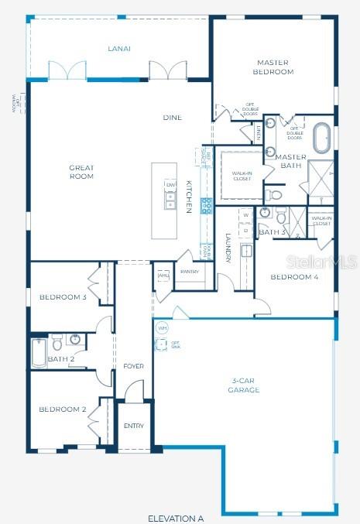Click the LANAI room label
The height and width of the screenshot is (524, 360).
118,49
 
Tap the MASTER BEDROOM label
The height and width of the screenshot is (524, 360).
273,67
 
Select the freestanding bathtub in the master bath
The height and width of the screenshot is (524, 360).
320,138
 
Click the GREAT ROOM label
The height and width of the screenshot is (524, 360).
81,172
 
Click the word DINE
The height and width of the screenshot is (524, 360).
172,118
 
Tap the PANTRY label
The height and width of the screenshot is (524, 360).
190,272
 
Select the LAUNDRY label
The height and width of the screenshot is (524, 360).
228,248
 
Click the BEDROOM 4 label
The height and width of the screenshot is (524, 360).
294,276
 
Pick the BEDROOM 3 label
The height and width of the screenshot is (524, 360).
63,297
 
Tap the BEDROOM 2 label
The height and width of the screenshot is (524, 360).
63,409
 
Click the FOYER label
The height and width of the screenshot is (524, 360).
135,365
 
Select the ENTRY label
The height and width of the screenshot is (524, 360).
134,426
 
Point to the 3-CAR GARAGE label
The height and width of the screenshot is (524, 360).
245,385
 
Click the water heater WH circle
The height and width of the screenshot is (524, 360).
162,328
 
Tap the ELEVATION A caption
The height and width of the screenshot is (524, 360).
176,517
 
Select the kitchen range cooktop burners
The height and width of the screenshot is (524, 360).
207,205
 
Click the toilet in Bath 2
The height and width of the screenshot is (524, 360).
57,341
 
